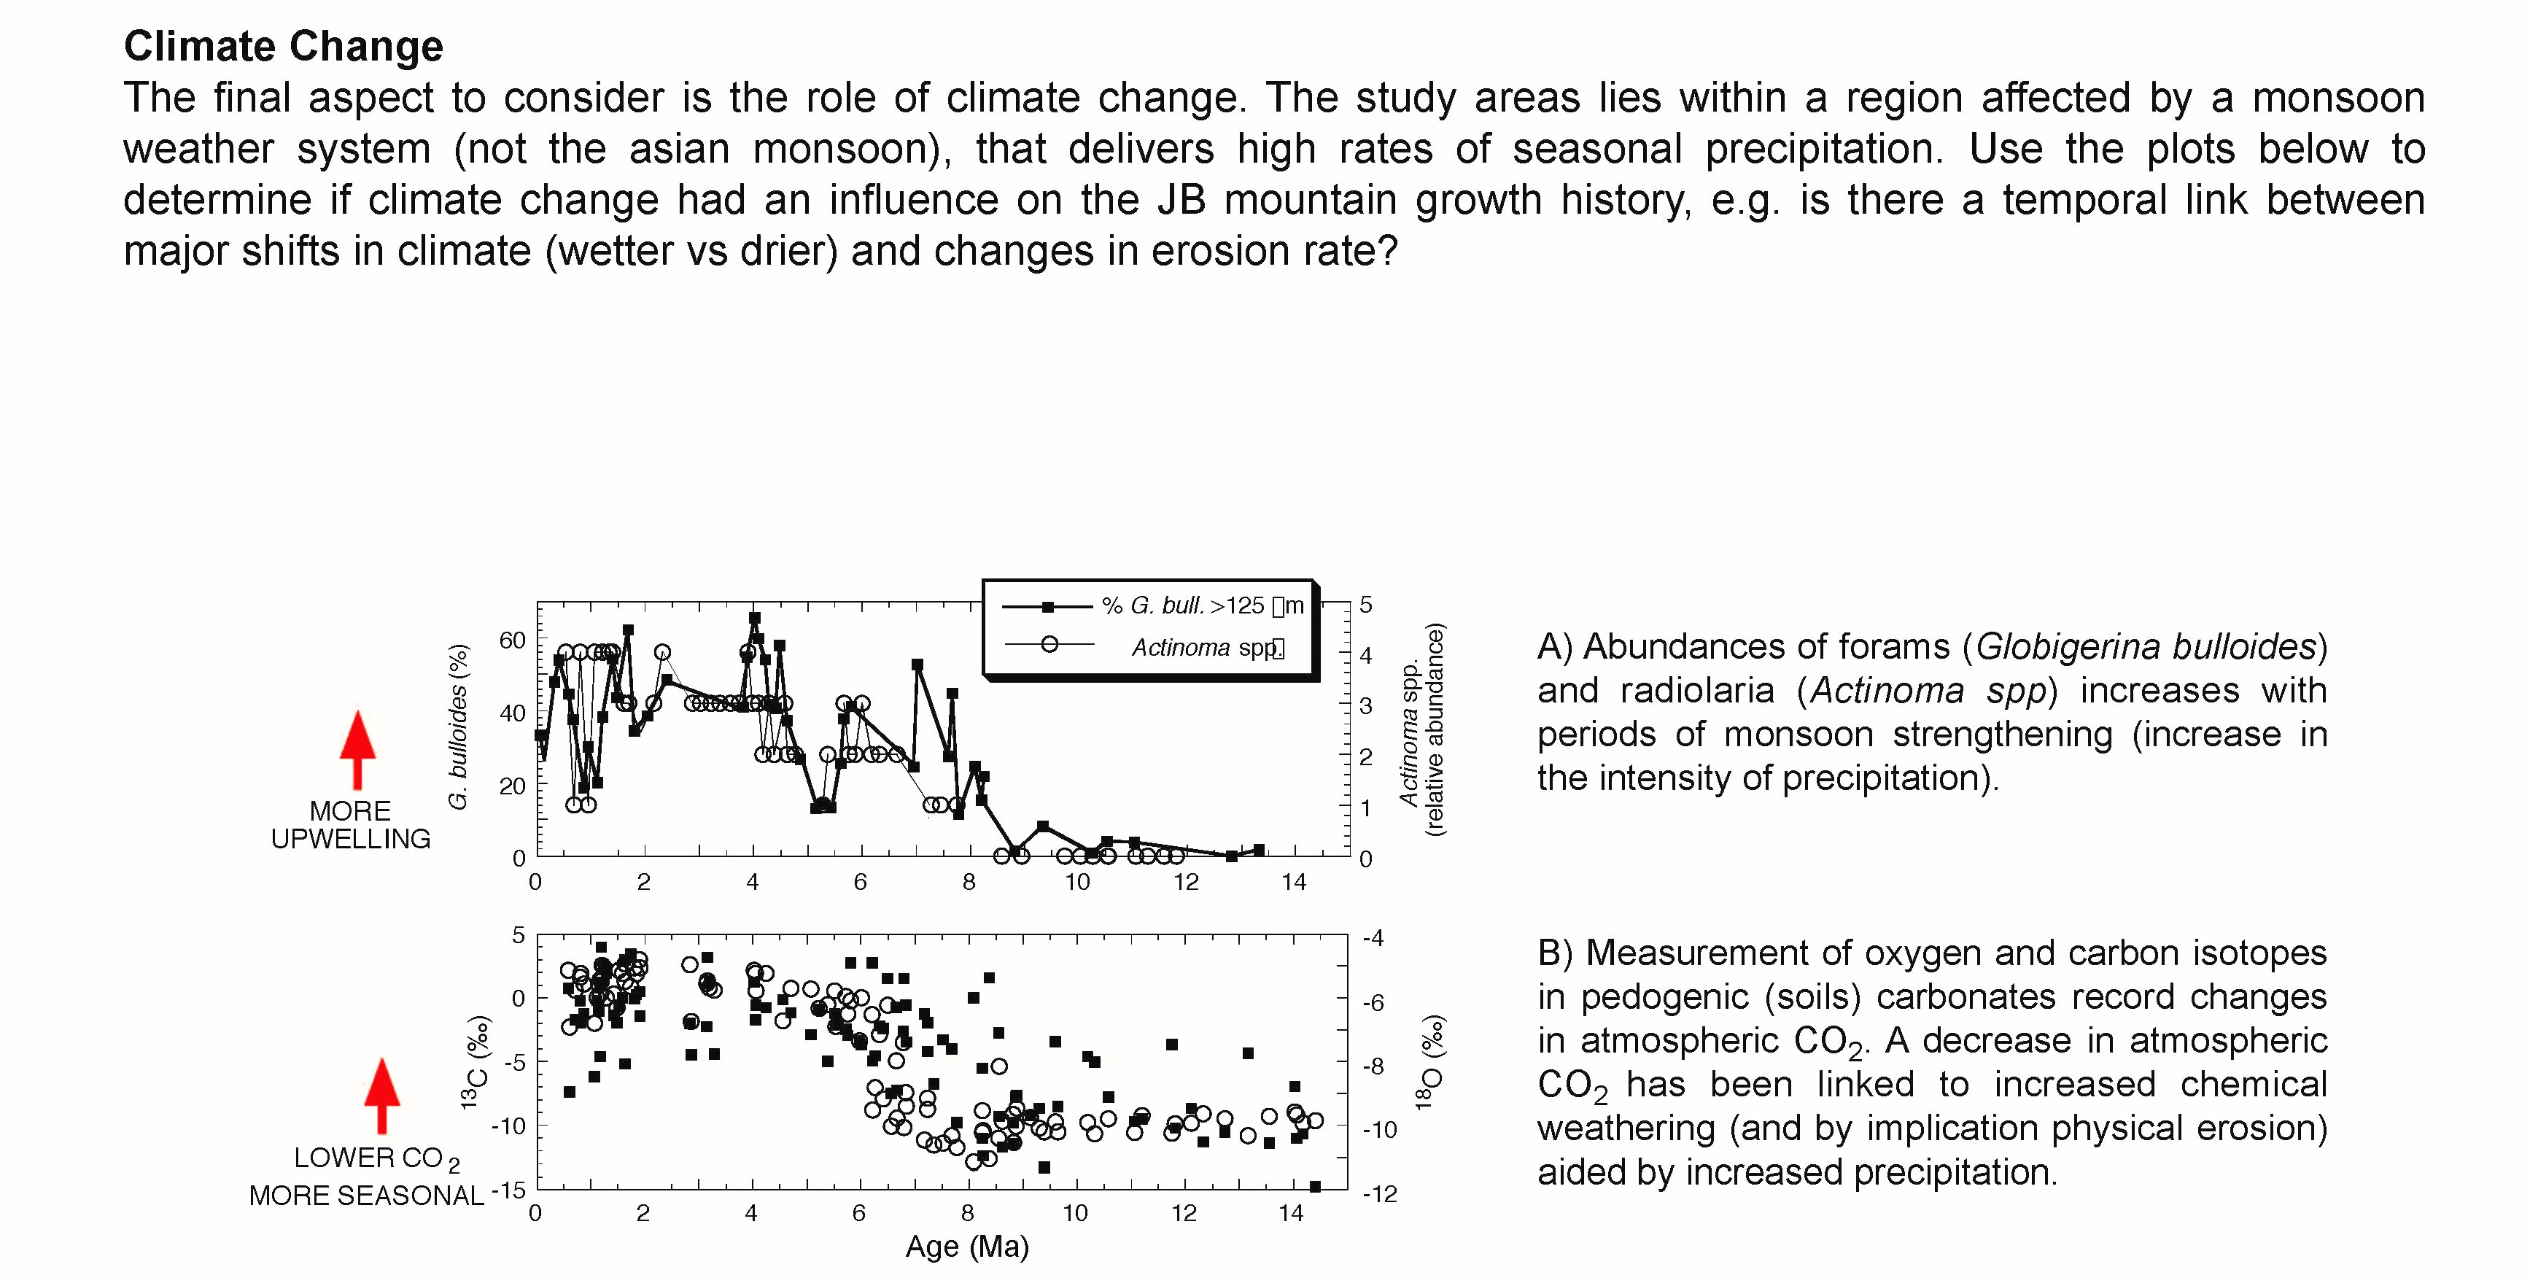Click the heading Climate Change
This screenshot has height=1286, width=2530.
(283, 46)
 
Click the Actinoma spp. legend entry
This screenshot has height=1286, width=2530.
(1207, 648)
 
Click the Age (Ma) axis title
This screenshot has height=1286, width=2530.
(966, 1247)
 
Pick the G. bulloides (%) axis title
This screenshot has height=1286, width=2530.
(458, 727)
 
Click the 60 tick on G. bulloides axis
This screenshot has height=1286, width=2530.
(513, 640)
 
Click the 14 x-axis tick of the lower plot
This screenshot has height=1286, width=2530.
(1291, 1213)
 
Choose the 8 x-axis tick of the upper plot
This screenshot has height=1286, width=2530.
(969, 882)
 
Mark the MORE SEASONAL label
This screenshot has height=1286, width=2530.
(366, 1196)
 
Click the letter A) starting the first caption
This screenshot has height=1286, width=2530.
(1555, 646)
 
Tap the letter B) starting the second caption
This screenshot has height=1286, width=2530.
(1556, 953)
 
